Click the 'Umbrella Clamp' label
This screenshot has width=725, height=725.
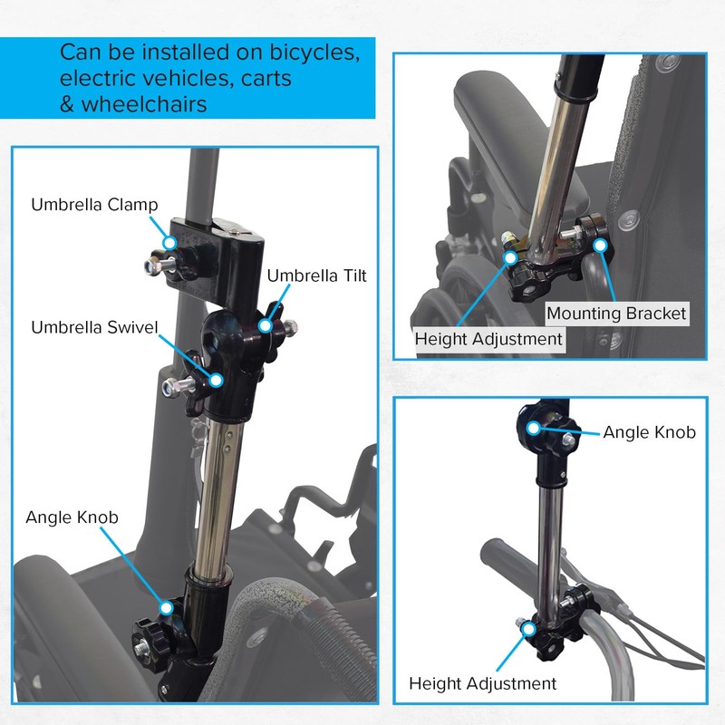(94, 205)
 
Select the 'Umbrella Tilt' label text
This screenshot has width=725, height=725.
(316, 275)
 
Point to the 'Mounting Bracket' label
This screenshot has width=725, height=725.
(616, 314)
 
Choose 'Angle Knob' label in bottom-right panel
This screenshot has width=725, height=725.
(649, 432)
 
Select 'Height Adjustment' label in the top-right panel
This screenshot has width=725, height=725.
(488, 339)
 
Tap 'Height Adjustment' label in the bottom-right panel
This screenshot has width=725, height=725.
(483, 683)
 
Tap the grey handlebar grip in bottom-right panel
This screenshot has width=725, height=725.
(513, 553)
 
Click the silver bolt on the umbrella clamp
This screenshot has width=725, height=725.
(152, 266)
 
